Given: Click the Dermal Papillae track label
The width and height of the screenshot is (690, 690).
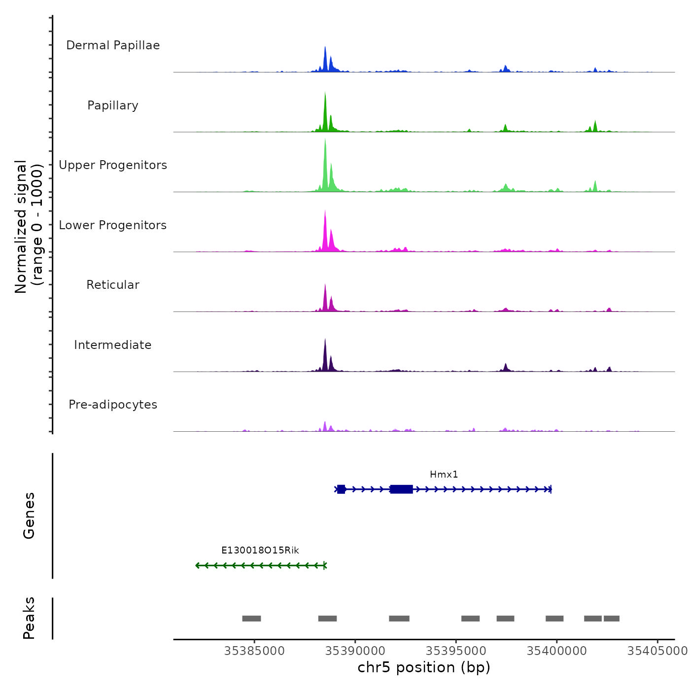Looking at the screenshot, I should (x=113, y=45).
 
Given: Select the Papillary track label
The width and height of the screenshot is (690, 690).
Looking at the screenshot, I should (x=113, y=105).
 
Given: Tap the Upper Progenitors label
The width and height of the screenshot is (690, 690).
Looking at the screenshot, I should (x=113, y=165).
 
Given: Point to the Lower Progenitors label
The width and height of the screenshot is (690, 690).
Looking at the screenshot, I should (x=113, y=225).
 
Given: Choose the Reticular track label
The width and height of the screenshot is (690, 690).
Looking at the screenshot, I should (x=113, y=285).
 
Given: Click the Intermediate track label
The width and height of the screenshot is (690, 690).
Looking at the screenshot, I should (x=113, y=345).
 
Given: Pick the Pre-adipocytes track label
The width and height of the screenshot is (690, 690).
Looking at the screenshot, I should (x=113, y=405).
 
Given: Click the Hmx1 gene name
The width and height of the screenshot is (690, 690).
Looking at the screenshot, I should (x=444, y=475).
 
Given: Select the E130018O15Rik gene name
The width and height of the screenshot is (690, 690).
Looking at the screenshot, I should (x=260, y=551).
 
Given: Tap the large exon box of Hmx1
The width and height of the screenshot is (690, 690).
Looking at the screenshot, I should (x=401, y=489).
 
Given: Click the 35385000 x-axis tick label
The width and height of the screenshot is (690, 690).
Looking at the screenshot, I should (x=254, y=651).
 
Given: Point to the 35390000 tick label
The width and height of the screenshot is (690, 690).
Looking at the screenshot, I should (x=355, y=651).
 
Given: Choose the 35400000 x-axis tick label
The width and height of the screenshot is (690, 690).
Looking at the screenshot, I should (x=557, y=651).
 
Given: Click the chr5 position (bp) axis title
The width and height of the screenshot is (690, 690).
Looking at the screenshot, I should (x=424, y=667).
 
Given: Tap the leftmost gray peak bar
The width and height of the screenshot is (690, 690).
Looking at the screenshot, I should (x=251, y=619).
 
